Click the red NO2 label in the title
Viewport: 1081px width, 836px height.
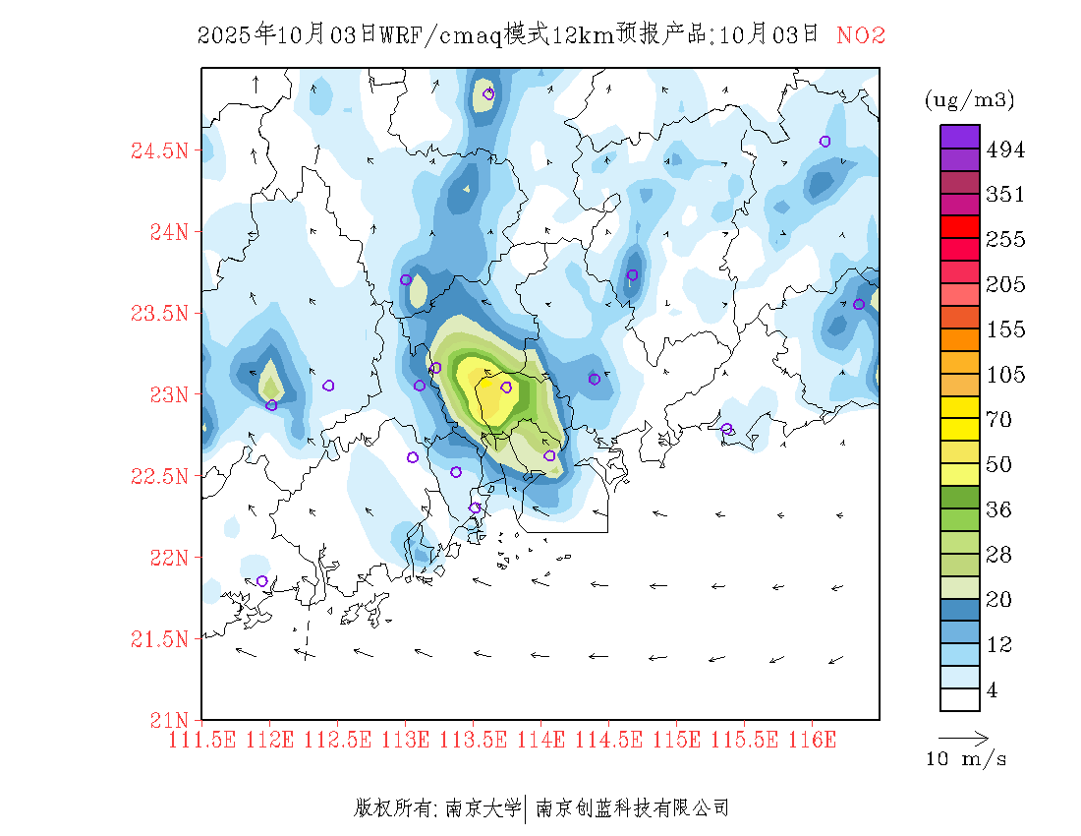(x=861, y=35)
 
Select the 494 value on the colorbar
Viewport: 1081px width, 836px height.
(x=1005, y=149)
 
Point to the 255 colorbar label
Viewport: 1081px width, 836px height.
(x=1005, y=240)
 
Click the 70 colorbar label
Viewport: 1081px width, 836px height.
(x=999, y=420)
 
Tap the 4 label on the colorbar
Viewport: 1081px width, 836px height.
(x=993, y=690)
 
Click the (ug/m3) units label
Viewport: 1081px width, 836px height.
(x=969, y=99)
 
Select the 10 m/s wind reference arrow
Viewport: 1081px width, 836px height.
(x=962, y=737)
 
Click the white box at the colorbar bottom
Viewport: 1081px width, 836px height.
(x=960, y=699)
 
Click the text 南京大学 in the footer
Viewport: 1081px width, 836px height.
(x=483, y=808)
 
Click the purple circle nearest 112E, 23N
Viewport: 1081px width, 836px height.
(x=271, y=405)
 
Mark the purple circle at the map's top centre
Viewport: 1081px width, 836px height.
(x=488, y=94)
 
